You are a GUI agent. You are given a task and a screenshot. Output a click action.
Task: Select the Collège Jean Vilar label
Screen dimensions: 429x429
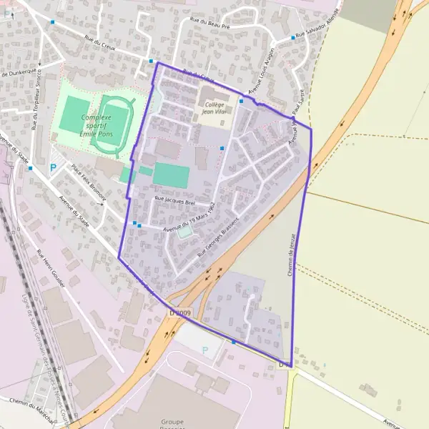(x=214, y=108)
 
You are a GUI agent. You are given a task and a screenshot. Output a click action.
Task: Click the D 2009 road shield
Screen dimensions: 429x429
(x=181, y=313)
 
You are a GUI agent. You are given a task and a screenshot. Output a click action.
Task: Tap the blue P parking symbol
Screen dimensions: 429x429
(x=51, y=168)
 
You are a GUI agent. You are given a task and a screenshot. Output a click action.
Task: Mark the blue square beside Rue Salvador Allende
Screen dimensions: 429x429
(x=292, y=38)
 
